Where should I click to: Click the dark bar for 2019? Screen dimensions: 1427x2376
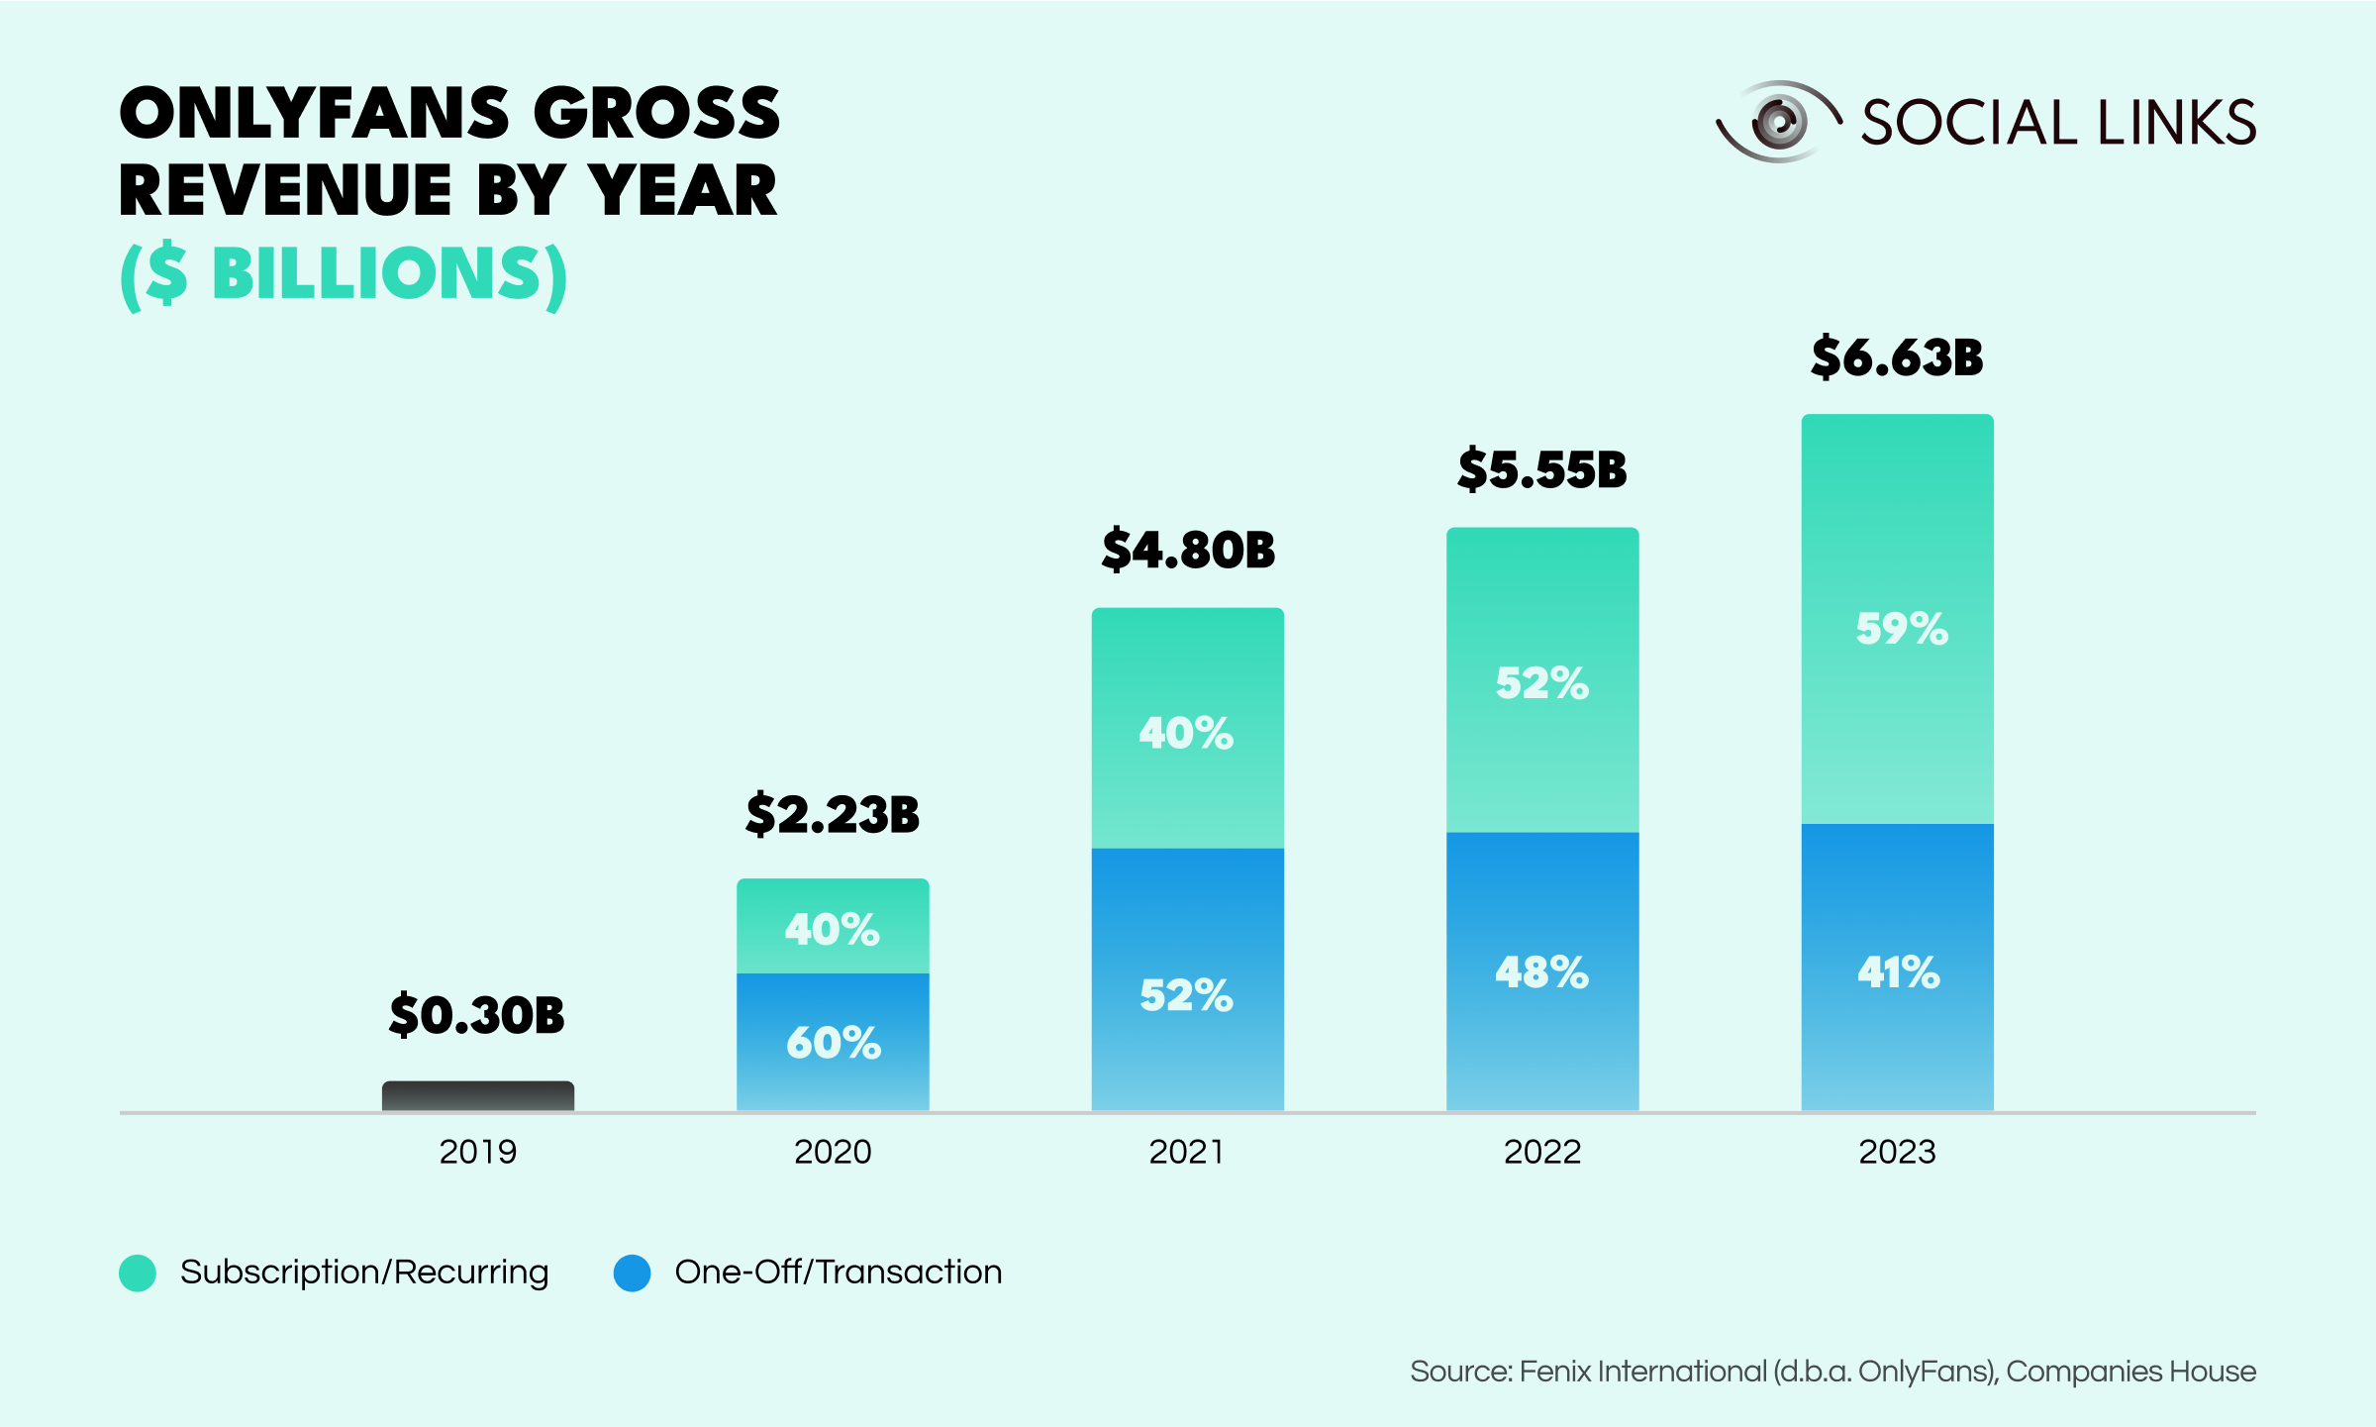478,1095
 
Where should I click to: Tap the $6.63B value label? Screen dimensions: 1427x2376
1897,357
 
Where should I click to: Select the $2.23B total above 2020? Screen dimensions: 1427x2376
833,814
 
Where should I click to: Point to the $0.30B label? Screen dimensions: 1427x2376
477,1015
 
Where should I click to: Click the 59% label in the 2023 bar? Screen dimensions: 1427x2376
1902,629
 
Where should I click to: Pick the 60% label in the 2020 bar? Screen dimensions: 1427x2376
834,1043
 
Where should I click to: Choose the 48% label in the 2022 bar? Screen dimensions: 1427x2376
1542,972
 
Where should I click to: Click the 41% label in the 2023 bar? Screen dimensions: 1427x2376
1899,972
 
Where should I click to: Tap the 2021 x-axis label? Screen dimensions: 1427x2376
1187,1152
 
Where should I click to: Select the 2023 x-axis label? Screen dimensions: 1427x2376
1897,1152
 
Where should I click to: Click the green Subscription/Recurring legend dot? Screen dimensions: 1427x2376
138,1273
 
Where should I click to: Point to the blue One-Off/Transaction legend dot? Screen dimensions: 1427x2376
632,1273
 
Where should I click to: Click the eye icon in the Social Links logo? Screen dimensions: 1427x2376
1778,122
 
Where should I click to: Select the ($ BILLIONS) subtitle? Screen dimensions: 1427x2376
344,273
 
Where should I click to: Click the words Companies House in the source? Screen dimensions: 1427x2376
2130,1372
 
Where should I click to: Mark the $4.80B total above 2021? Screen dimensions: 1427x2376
1188,551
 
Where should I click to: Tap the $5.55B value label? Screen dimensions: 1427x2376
1542,469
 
